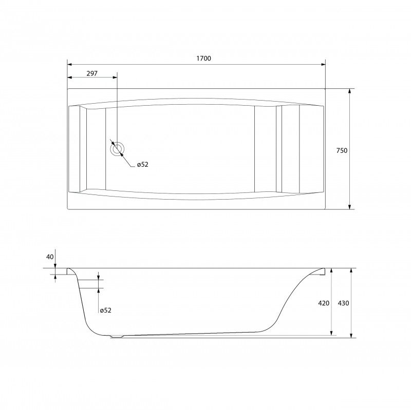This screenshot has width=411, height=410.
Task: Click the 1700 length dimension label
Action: click(x=203, y=58)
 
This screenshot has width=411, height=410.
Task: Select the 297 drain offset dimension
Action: click(x=92, y=73)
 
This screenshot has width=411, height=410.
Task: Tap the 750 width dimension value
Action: click(x=342, y=150)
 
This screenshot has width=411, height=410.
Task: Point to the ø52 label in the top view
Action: click(x=143, y=165)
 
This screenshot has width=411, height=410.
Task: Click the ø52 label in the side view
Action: click(x=106, y=310)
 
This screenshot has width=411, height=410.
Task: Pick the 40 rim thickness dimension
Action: click(x=50, y=257)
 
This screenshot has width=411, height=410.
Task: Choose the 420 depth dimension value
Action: click(x=324, y=303)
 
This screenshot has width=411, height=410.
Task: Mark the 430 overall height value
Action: click(x=343, y=303)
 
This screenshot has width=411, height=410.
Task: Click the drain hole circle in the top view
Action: click(x=118, y=149)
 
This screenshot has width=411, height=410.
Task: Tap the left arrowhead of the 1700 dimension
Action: click(x=70, y=65)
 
